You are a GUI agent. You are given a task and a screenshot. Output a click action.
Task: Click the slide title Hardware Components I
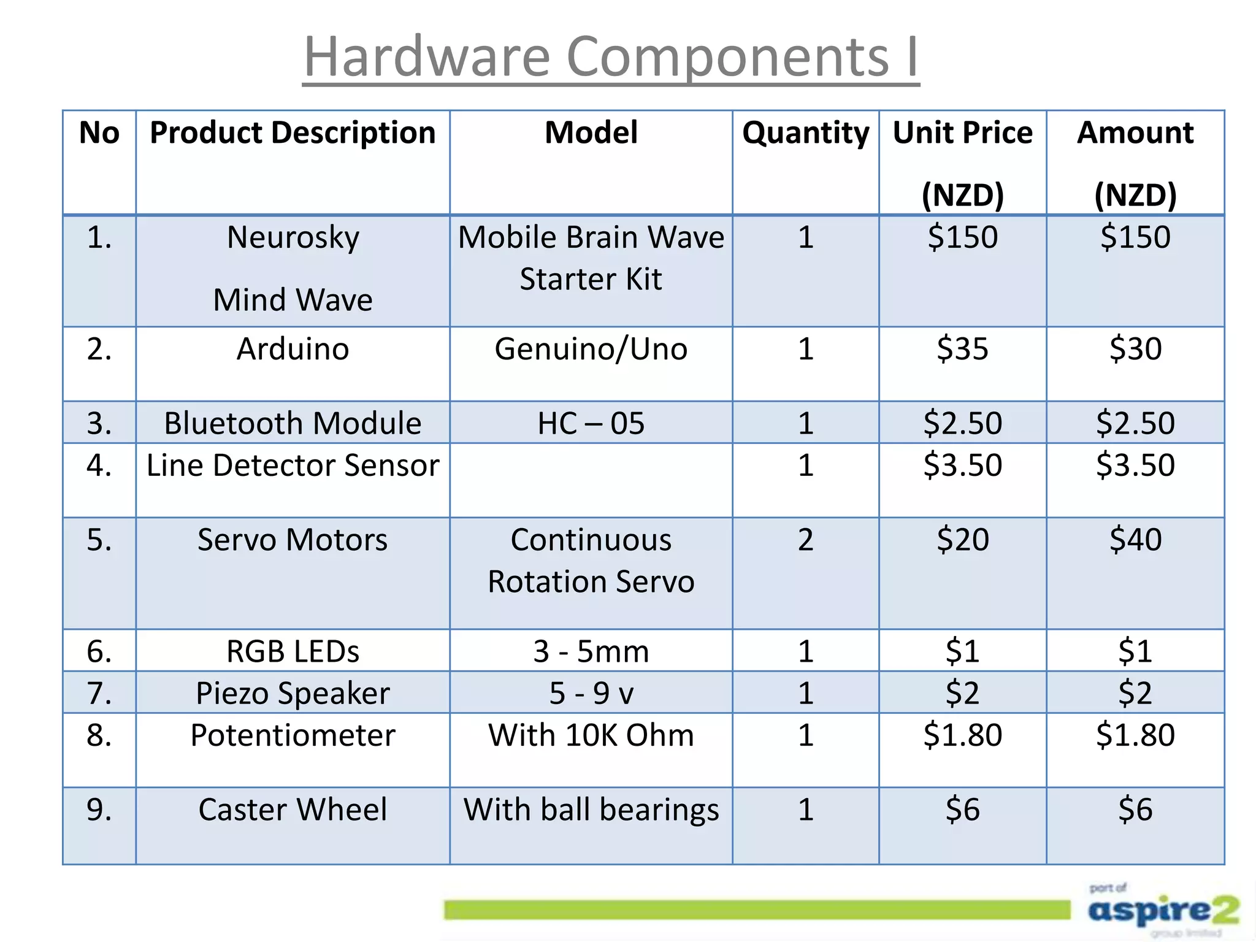pyautogui.click(x=611, y=56)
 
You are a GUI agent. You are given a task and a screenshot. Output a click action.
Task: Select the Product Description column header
pyautogui.click(x=293, y=133)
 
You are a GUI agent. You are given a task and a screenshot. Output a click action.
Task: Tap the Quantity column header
pyautogui.click(x=805, y=133)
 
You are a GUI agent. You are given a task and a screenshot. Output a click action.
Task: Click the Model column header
pyautogui.click(x=591, y=133)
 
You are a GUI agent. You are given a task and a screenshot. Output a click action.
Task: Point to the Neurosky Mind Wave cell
pyautogui.click(x=293, y=269)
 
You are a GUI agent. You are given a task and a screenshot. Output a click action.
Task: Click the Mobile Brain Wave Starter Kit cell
pyautogui.click(x=591, y=258)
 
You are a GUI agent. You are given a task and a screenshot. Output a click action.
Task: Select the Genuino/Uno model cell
pyautogui.click(x=591, y=349)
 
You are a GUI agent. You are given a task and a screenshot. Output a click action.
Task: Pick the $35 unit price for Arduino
pyautogui.click(x=962, y=349)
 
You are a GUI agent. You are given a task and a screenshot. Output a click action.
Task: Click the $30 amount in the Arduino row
pyautogui.click(x=1135, y=349)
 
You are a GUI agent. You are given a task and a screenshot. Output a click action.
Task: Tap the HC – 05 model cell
pyautogui.click(x=591, y=423)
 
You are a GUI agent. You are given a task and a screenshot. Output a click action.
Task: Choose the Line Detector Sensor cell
pyautogui.click(x=293, y=465)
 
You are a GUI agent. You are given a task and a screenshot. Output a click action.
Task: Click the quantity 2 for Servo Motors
pyautogui.click(x=805, y=540)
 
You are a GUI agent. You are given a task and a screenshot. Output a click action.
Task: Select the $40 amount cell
pyautogui.click(x=1135, y=540)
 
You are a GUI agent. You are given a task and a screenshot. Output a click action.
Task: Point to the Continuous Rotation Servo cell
pyautogui.click(x=591, y=561)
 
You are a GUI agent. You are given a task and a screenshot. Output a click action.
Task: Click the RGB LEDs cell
pyautogui.click(x=293, y=651)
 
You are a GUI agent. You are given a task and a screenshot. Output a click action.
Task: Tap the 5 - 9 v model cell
pyautogui.click(x=591, y=693)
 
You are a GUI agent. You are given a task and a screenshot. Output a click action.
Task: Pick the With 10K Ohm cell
pyautogui.click(x=591, y=735)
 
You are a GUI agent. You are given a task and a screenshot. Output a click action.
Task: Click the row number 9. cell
pyautogui.click(x=99, y=810)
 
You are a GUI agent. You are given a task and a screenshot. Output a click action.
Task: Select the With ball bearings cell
pyautogui.click(x=591, y=810)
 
